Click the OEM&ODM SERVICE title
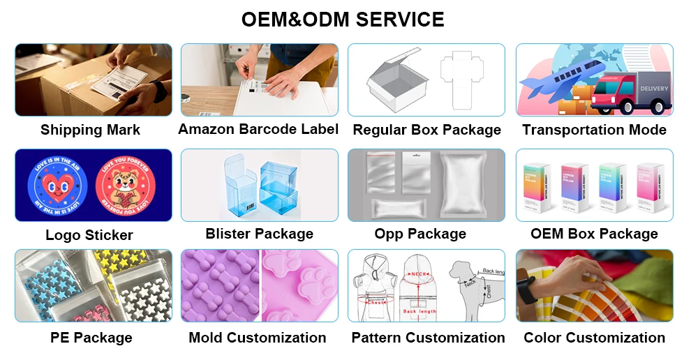click(343, 19)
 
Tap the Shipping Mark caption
click(90, 130)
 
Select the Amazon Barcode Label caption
click(258, 129)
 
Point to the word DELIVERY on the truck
click(654, 89)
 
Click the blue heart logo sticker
click(57, 186)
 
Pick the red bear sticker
click(124, 186)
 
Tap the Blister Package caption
click(259, 234)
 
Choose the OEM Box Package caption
click(594, 234)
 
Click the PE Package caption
click(91, 338)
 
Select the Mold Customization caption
click(257, 338)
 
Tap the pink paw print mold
click(302, 282)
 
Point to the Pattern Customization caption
click(428, 338)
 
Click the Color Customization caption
click(594, 338)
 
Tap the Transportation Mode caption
click(594, 130)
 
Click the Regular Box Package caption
click(426, 130)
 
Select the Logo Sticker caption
click(89, 235)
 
